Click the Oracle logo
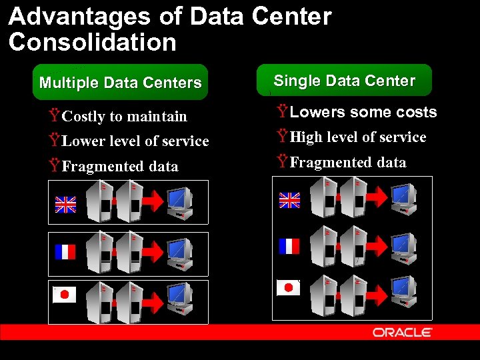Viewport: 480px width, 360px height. pos(402,332)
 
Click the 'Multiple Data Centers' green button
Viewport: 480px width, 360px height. pos(121,83)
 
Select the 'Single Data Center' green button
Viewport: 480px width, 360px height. pos(344,81)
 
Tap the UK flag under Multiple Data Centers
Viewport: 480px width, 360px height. pos(65,204)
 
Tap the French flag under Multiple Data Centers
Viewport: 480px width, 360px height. pos(65,252)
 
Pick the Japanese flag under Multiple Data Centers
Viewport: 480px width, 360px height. pos(65,295)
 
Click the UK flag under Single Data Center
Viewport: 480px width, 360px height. pos(289,200)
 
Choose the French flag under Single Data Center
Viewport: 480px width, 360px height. pos(289,247)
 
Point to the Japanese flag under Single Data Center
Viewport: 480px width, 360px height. pos(289,287)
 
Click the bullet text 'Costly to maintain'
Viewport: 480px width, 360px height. pos(124,117)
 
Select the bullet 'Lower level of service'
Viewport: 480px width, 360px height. pos(135,141)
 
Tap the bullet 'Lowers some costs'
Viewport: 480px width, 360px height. pos(363,112)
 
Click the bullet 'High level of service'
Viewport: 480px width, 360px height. pos(358,137)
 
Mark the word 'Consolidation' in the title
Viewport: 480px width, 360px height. pos(93,42)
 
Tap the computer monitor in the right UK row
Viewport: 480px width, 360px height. pos(404,197)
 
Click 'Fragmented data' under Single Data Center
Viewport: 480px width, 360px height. pos(347,163)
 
